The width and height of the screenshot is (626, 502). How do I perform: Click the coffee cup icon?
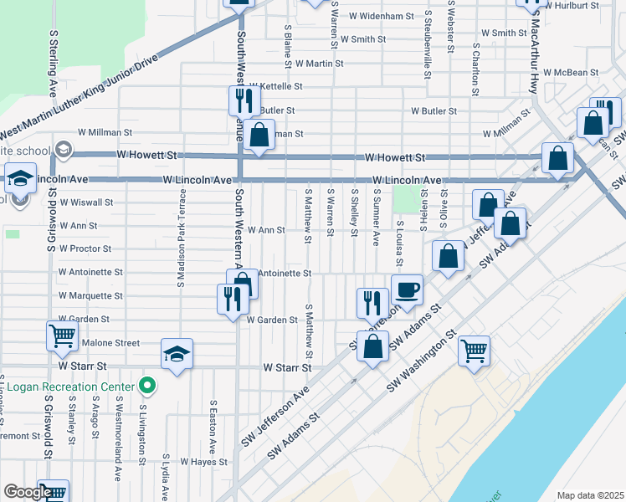pos(407,290)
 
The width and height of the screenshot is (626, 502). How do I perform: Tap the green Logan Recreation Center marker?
pos(147,386)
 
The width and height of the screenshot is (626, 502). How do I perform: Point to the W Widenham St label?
pos(382,16)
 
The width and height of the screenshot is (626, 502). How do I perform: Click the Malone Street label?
pos(110,343)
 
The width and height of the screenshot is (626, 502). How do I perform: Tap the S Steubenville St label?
pos(428,42)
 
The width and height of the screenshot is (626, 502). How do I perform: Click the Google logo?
pos(27,493)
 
